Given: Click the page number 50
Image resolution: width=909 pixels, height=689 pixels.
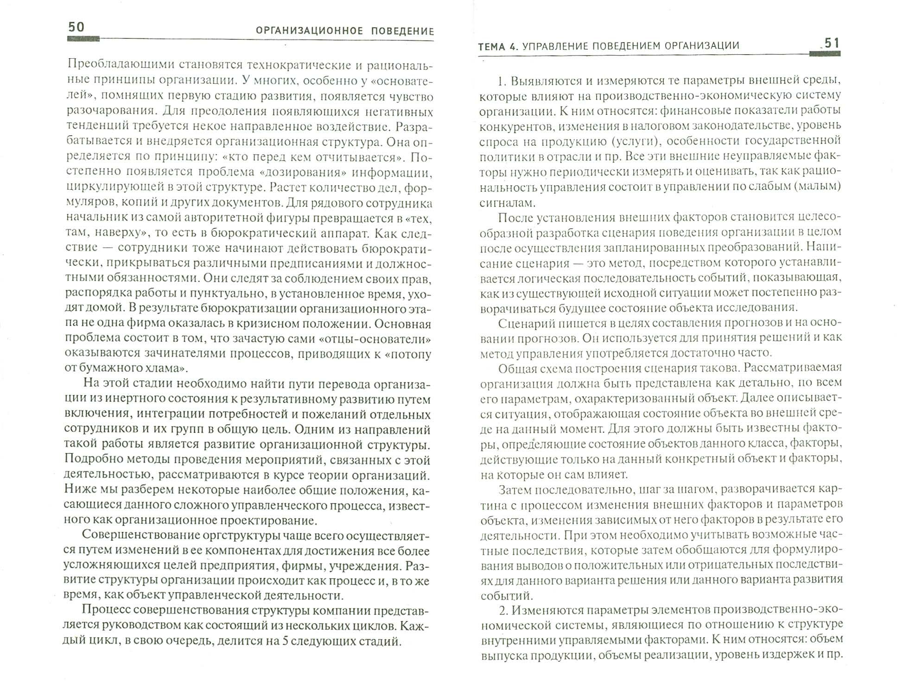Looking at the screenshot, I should tap(76, 27).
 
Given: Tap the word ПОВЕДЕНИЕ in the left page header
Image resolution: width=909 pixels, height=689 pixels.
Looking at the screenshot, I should tap(403, 31).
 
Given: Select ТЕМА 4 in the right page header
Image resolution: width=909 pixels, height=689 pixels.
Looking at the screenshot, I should tap(497, 45).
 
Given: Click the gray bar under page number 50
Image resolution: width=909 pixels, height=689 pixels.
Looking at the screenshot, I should tap(83, 39).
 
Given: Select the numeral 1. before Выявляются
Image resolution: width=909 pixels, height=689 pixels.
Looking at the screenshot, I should tap(502, 81).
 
